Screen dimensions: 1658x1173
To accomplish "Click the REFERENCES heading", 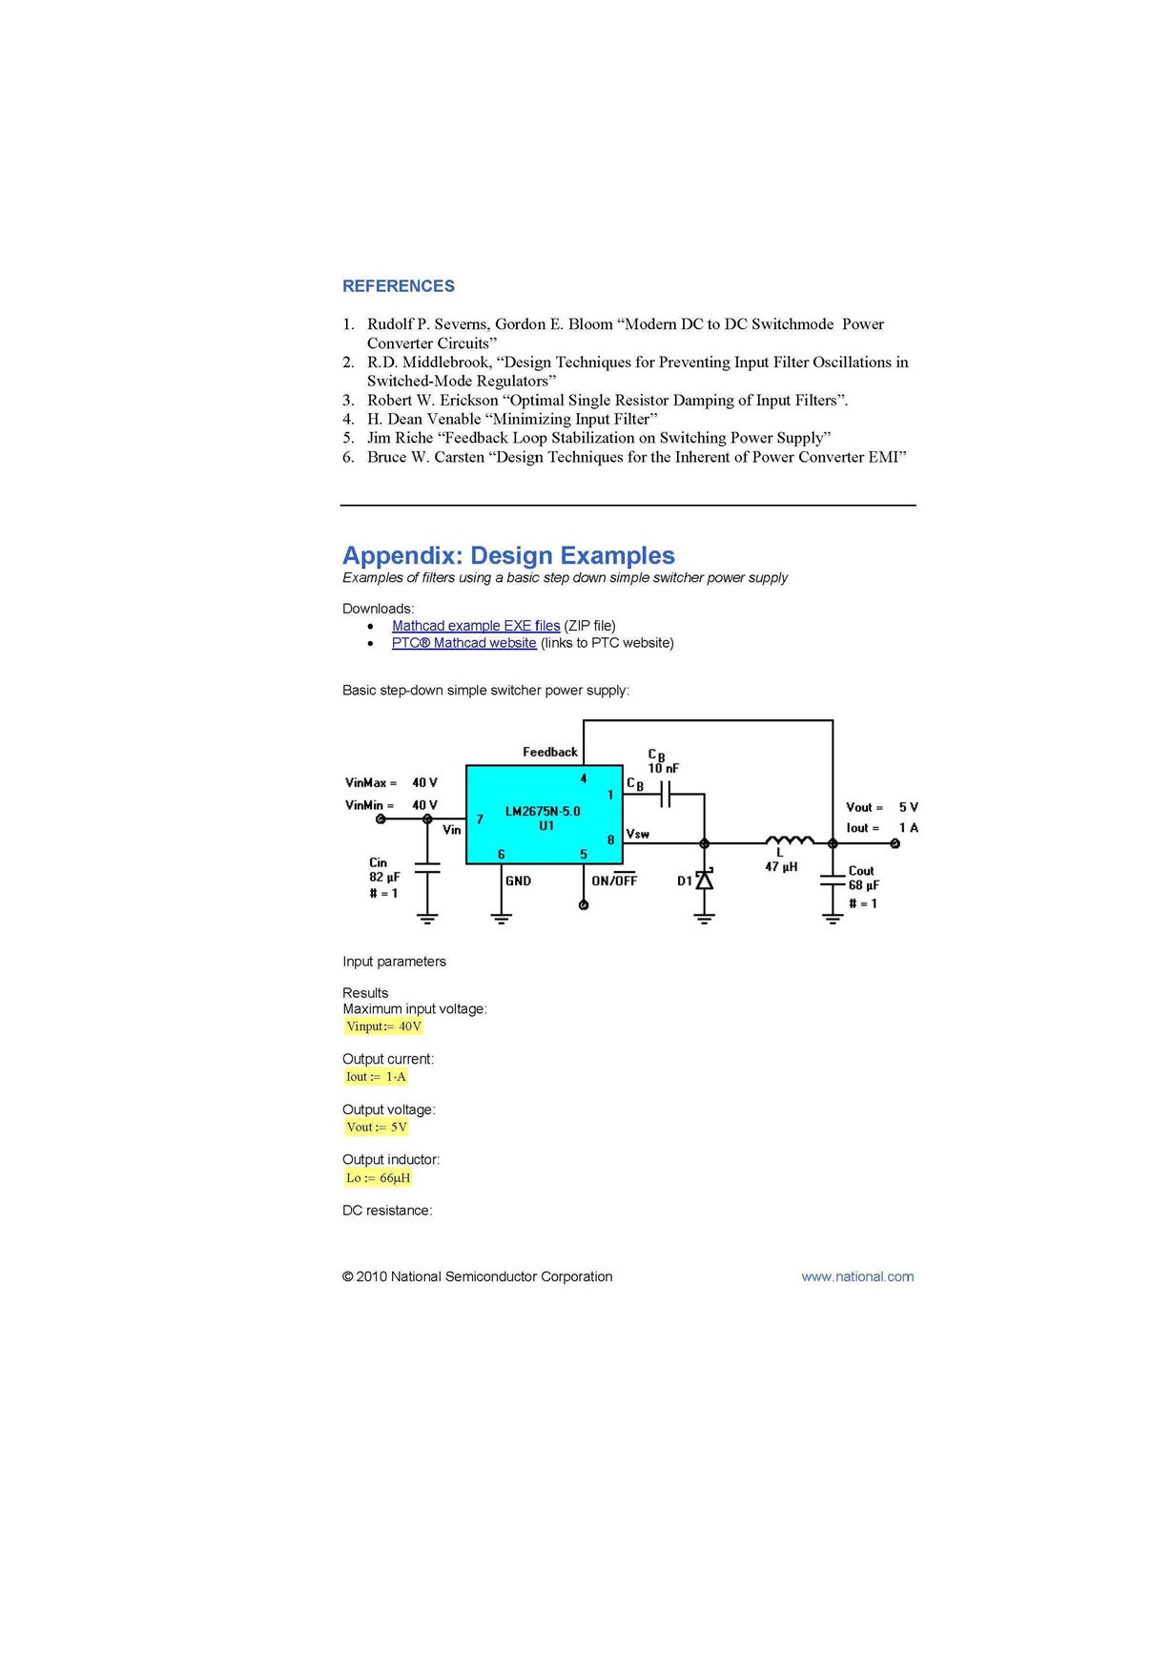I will pyautogui.click(x=398, y=286).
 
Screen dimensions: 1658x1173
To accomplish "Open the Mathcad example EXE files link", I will pyautogui.click(x=475, y=626).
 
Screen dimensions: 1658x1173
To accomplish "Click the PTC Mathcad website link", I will pyautogui.click(x=463, y=643).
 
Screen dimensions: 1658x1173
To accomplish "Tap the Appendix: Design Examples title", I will pyautogui.click(x=508, y=555).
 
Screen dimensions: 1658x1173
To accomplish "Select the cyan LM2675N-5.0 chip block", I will pyautogui.click(x=544, y=815).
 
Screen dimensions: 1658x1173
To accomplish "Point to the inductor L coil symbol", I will pyautogui.click(x=789, y=840).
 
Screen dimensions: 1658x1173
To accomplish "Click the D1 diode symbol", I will pyautogui.click(x=704, y=881).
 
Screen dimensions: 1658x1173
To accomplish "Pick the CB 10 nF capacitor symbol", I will pyautogui.click(x=667, y=793).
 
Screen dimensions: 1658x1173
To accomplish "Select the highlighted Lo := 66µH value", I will pyautogui.click(x=378, y=1178).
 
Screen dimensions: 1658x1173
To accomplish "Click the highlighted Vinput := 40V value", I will pyautogui.click(x=383, y=1026).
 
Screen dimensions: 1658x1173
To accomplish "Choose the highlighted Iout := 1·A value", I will pyautogui.click(x=376, y=1077).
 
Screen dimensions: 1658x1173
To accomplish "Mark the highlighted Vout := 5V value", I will pyautogui.click(x=377, y=1128).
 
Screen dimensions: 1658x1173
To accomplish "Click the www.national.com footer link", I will pyautogui.click(x=856, y=1276).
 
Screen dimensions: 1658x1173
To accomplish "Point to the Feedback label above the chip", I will pyautogui.click(x=549, y=752).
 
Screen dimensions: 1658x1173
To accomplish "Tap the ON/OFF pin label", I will pyautogui.click(x=614, y=881).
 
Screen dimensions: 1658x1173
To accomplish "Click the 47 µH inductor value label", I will pyautogui.click(x=781, y=867).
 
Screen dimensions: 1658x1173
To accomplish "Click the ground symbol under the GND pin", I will pyautogui.click(x=501, y=919).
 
